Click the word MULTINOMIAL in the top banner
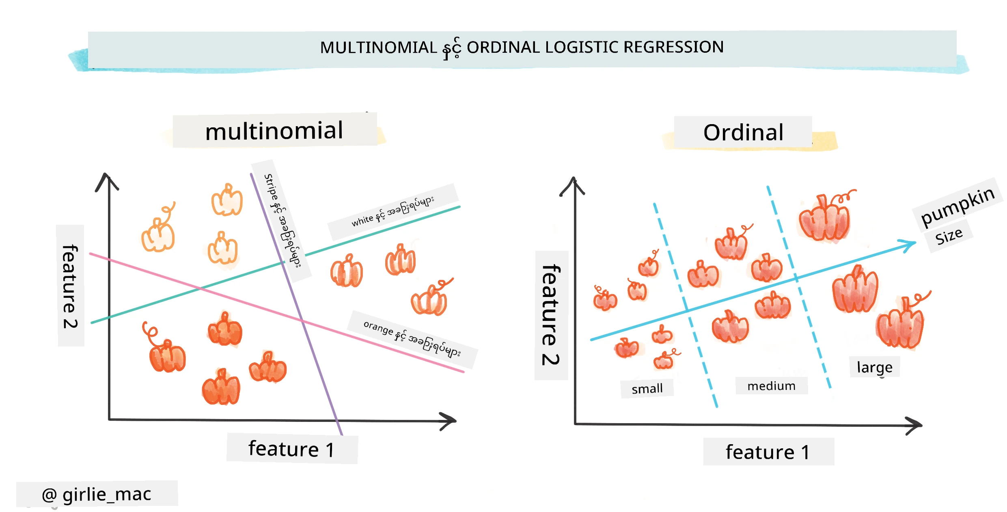tap(378, 47)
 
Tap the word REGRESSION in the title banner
tap(674, 47)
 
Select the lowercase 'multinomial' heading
tap(274, 131)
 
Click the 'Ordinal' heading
tap(743, 133)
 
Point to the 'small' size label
tap(647, 389)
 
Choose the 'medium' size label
tap(771, 386)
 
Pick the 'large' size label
tap(875, 368)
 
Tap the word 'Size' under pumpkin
tap(949, 236)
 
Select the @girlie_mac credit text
tap(97, 494)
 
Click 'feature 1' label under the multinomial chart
tap(291, 449)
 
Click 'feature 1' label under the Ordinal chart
tap(768, 452)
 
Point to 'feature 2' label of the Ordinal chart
tap(551, 315)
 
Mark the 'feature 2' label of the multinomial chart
tap(70, 286)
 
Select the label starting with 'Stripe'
tap(282, 221)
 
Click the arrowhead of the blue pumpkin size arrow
tap(908, 245)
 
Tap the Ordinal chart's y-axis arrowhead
tap(573, 186)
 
